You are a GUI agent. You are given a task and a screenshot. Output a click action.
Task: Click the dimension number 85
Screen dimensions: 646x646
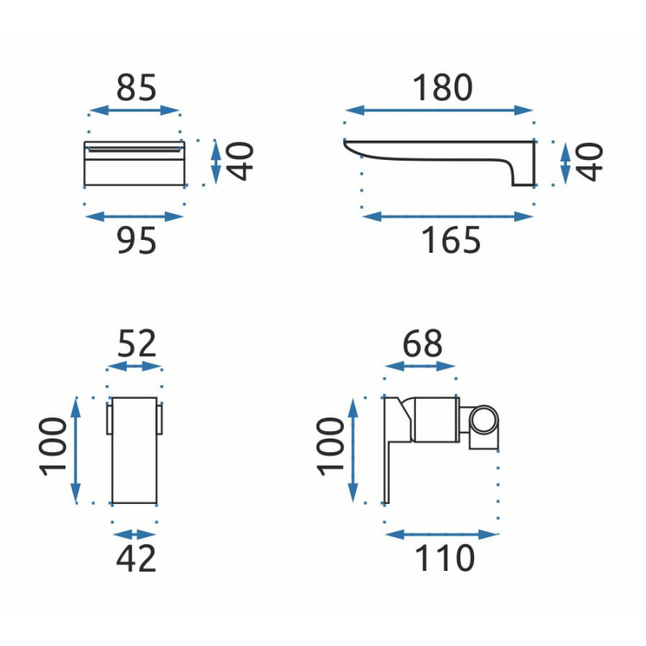pos(136,87)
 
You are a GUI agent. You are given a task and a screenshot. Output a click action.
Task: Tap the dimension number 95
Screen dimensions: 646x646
pos(136,241)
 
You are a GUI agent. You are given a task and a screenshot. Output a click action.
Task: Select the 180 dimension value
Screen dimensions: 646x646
pos(443,87)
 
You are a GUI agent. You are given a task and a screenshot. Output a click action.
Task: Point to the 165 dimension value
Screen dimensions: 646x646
pos(451,241)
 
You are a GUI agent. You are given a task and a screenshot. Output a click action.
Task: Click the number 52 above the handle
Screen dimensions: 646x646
pos(136,343)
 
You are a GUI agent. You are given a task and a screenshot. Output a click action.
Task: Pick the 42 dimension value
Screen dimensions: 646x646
pos(136,559)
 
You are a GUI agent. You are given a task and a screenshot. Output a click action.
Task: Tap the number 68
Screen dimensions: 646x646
pos(422,343)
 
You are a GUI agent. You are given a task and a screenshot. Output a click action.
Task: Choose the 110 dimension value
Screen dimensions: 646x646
pos(445,558)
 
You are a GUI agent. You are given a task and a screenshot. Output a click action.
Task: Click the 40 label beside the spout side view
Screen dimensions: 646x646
pos(590,162)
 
